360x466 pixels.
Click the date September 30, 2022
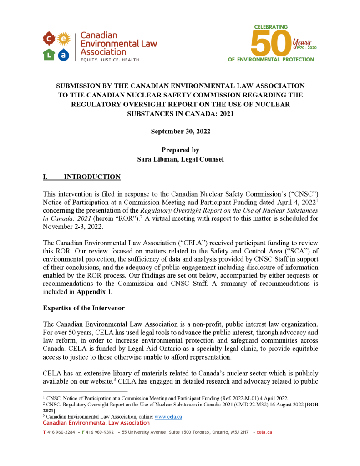180,131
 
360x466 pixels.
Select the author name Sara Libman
156,159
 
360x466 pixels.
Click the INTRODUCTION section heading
92,177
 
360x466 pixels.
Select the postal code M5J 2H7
238,432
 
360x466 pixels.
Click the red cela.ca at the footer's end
264,432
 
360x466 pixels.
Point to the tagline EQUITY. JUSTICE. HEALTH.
111,60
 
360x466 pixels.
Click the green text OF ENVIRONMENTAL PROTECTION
271,59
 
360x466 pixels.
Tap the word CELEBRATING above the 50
270,27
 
